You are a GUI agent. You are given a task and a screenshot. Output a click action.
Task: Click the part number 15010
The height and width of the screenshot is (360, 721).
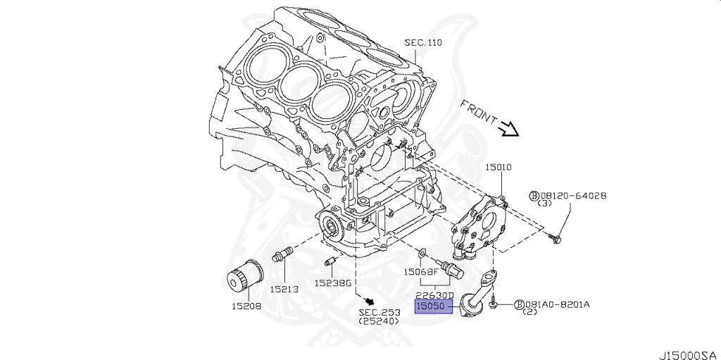coord(498,167)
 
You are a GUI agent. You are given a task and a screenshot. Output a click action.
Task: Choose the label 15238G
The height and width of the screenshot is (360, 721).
coord(332,283)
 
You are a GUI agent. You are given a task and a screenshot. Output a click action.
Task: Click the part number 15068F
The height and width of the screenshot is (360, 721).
coord(421,271)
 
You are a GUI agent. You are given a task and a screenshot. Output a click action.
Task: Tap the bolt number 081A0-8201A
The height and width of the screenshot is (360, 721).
coord(556,304)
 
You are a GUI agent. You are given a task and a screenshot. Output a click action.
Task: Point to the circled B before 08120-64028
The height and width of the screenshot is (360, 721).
coord(534,195)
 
